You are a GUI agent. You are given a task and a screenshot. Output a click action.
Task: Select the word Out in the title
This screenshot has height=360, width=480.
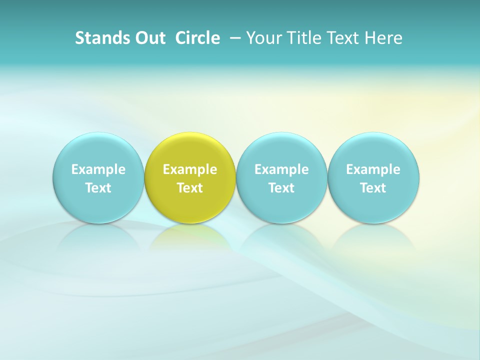[x=148, y=38]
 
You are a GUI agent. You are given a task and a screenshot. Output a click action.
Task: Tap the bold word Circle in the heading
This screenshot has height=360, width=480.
[x=197, y=38]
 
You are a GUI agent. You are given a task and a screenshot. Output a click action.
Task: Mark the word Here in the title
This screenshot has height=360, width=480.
[x=385, y=38]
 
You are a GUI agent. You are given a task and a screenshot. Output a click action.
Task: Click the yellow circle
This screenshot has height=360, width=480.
[x=190, y=150]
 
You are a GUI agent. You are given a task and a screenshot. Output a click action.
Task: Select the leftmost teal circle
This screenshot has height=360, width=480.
[x=98, y=150]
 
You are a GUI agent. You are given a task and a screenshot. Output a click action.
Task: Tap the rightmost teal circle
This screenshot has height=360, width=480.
[x=373, y=150]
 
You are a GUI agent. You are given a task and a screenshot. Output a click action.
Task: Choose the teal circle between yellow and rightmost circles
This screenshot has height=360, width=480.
[x=281, y=150]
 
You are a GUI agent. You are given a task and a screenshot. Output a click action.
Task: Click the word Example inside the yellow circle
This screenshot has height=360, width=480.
[x=190, y=169]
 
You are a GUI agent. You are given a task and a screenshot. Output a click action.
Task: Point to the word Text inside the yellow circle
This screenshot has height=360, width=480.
[x=190, y=188]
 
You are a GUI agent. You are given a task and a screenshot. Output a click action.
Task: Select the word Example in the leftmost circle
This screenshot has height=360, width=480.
[x=98, y=169]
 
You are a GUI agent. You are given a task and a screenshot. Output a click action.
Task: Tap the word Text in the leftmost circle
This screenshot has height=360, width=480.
[x=98, y=188]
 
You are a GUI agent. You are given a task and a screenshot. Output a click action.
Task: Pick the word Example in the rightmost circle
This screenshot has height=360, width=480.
[x=373, y=169]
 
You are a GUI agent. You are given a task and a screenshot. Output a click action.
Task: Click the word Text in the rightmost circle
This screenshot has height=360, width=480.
[x=373, y=188]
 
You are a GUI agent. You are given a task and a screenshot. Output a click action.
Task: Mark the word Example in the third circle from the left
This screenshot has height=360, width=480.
[x=281, y=169]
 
